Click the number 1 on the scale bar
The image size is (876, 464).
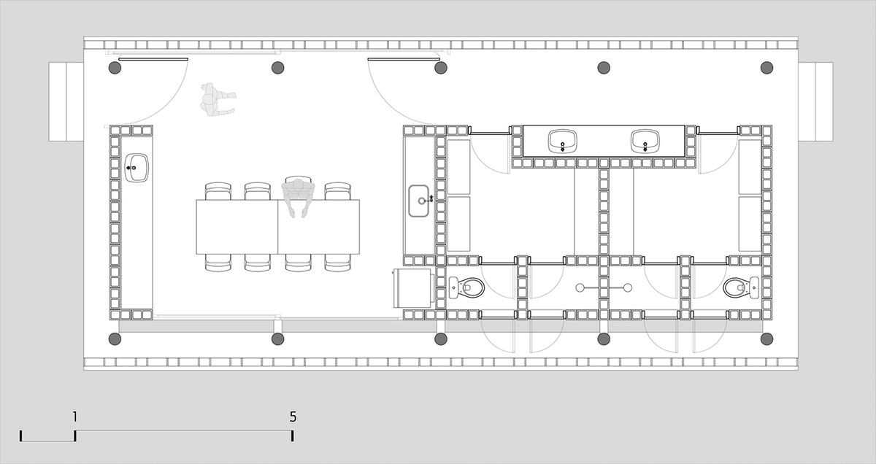coord(74,417)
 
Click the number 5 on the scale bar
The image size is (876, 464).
coord(293,417)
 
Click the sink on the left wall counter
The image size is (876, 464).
coord(137,168)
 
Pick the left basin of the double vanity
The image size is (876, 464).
coord(562,142)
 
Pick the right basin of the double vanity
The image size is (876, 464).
coord(645,142)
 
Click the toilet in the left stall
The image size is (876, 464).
coord(466,287)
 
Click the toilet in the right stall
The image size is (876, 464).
coord(741,287)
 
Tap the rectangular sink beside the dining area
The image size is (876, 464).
coord(419,201)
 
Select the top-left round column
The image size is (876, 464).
coord(115,68)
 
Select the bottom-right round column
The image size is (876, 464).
coord(766,339)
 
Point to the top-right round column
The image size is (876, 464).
coord(766,68)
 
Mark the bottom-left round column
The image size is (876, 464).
coord(115,339)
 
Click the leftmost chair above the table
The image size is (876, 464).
coord(218,191)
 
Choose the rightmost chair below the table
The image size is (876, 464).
coord(337,263)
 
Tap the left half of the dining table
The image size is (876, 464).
coord(237,227)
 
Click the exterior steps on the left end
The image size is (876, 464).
coord(66,101)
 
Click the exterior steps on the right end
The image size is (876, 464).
coord(816,101)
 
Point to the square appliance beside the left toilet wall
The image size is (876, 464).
coord(412,287)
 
